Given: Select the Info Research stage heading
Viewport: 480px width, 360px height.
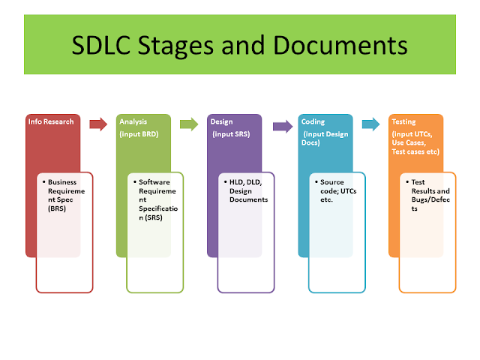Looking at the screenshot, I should (x=51, y=121).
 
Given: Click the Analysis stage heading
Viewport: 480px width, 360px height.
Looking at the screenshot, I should (x=134, y=121).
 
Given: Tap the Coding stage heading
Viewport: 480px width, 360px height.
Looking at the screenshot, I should (x=313, y=121).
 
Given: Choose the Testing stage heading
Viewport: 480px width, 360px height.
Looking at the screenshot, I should (x=406, y=121).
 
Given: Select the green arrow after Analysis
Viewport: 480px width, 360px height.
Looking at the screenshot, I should (x=189, y=124).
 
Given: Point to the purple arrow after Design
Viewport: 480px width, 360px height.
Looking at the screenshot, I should (x=280, y=124).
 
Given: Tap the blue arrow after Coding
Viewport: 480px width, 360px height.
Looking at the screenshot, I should (x=370, y=124).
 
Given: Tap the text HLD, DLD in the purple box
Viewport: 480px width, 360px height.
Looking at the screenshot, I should (x=241, y=182).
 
